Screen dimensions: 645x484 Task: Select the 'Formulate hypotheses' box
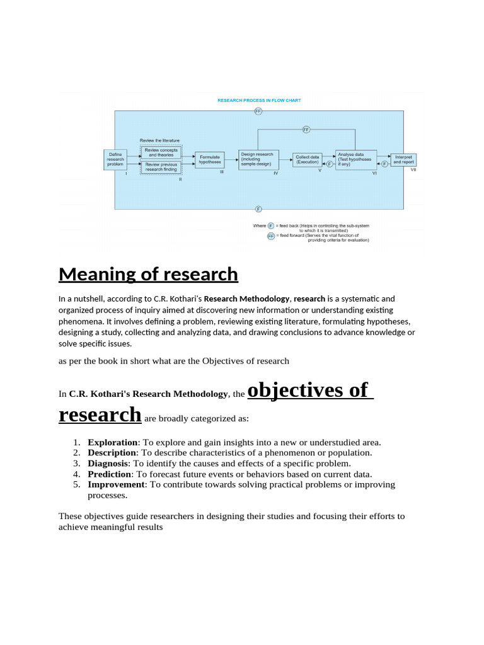click(210, 160)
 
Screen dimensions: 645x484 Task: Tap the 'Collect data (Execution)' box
click(308, 159)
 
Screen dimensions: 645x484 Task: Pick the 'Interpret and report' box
click(403, 159)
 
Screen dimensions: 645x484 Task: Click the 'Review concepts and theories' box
click(161, 152)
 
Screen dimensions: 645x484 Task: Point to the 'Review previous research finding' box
click(161, 167)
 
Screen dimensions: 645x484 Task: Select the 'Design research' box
click(258, 159)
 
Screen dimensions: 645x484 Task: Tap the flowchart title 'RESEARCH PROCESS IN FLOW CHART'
click(259, 100)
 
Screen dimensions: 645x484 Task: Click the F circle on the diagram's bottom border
click(258, 208)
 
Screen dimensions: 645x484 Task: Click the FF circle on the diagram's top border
click(258, 111)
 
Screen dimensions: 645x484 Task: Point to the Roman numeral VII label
click(413, 169)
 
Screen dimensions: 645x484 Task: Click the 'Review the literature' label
click(159, 140)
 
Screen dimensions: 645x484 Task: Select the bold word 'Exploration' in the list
click(113, 442)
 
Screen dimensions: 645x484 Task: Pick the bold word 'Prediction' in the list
click(110, 474)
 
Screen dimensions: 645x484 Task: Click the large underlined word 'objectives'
click(308, 390)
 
